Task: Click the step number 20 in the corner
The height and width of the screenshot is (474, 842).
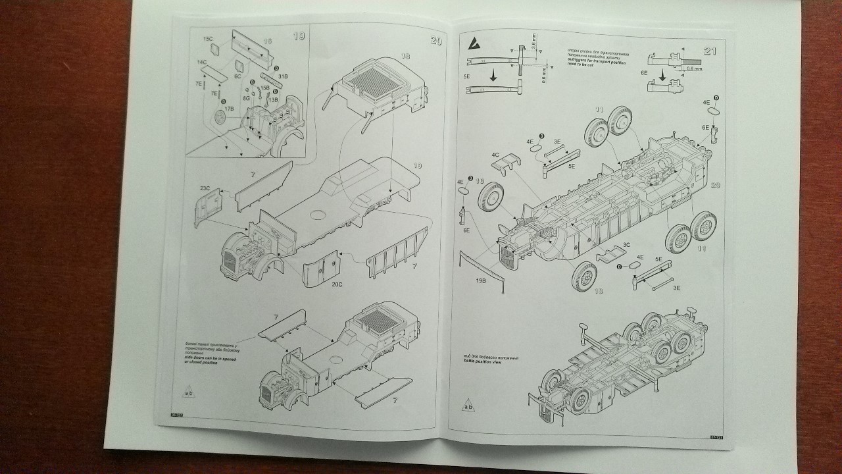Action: (435, 41)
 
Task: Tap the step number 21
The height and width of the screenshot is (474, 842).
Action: (710, 51)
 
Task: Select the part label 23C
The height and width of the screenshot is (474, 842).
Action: (204, 189)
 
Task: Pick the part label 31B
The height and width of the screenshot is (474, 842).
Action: (283, 77)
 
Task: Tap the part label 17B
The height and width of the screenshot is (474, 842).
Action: (229, 108)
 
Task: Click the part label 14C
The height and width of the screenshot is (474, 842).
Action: (201, 61)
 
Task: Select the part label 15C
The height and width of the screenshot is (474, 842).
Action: (208, 40)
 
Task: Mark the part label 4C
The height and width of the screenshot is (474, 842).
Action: (495, 156)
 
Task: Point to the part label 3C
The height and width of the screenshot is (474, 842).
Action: (626, 245)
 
